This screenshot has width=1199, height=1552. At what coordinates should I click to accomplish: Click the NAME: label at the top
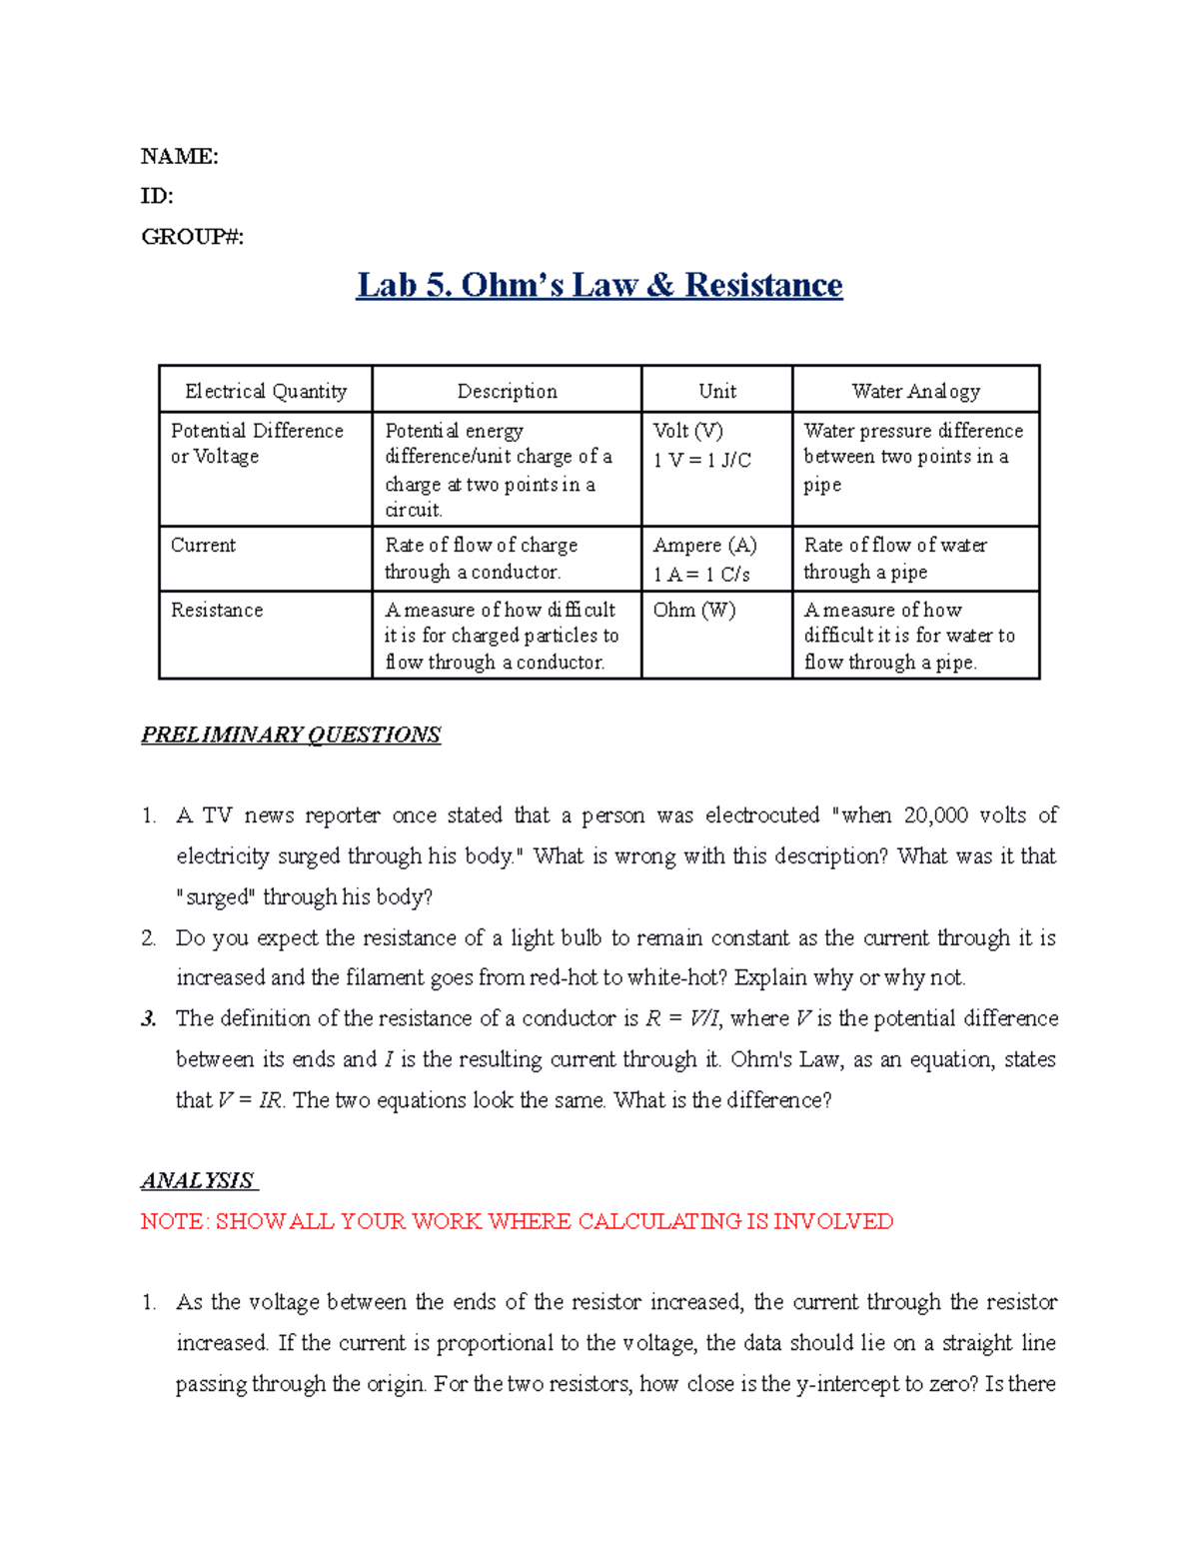179,156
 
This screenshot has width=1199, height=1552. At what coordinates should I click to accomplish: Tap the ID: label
157,196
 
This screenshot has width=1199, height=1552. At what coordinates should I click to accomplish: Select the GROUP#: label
192,237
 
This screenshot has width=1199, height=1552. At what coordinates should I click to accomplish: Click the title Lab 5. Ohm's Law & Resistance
599,285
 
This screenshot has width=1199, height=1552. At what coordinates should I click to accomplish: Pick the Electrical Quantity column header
266,391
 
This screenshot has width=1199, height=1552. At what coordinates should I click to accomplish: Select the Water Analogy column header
915,391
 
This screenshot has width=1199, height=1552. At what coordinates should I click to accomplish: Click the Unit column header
717,391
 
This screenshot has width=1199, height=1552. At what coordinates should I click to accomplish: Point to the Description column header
507,391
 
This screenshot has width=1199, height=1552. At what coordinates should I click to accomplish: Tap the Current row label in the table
203,546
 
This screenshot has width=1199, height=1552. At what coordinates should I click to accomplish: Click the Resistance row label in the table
217,610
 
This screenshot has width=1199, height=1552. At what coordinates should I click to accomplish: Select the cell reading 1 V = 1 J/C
701,460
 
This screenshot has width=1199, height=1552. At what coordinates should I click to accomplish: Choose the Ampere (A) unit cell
704,546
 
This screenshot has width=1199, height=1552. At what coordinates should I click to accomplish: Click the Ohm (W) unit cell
693,610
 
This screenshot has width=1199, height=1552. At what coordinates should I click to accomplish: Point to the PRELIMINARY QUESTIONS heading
291,735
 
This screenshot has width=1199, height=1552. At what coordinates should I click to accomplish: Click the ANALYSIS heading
198,1180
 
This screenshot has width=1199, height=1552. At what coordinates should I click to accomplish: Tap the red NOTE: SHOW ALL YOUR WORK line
517,1221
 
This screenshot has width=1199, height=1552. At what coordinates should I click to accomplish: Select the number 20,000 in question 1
935,815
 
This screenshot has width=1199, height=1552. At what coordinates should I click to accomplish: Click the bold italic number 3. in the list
149,1018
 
